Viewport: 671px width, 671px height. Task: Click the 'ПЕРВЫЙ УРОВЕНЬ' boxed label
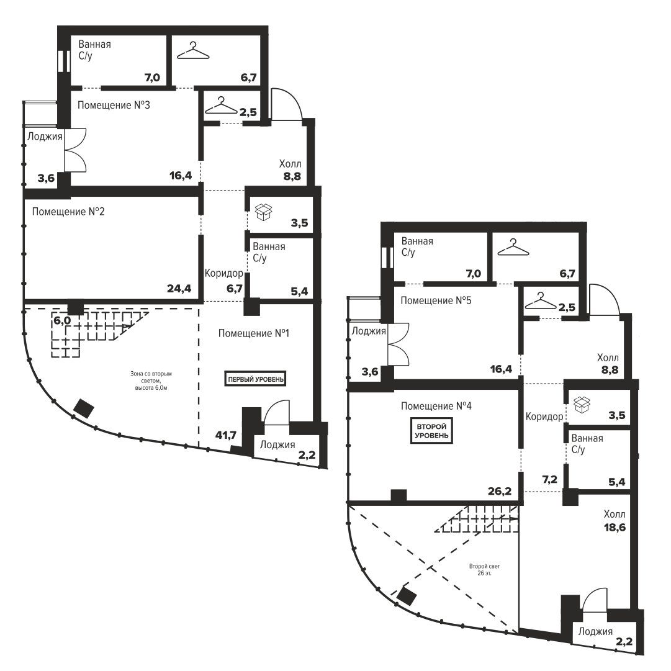(255, 379)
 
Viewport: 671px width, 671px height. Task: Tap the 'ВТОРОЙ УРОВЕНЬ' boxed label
(431, 431)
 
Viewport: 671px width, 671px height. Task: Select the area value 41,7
(226, 435)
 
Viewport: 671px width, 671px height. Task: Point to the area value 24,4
(179, 289)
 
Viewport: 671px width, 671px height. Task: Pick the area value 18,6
(615, 527)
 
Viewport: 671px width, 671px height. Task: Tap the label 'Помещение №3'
(114, 106)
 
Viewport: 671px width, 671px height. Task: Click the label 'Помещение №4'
(436, 406)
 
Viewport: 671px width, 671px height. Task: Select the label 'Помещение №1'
(254, 333)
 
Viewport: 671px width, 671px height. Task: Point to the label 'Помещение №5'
(436, 300)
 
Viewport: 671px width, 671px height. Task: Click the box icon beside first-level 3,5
(264, 212)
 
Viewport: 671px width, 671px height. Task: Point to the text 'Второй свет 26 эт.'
(484, 570)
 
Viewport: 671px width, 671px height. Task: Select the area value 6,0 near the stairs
(62, 320)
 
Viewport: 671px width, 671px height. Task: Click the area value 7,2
(549, 480)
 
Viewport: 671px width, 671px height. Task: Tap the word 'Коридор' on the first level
(224, 273)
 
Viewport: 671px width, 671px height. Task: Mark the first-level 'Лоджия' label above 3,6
(45, 137)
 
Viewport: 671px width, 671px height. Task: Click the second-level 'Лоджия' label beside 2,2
(595, 632)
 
